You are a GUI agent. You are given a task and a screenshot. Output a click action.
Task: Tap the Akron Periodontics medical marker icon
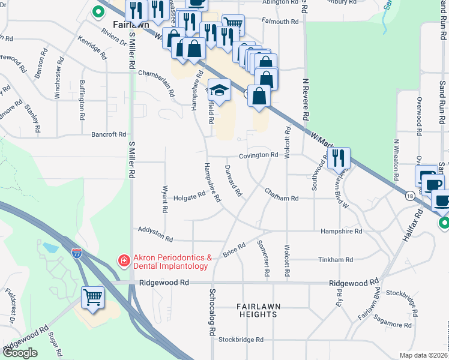tap(124, 261)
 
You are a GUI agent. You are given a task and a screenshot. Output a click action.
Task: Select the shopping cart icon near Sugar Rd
tap(92, 297)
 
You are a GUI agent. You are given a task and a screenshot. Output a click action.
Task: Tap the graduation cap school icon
tap(219, 90)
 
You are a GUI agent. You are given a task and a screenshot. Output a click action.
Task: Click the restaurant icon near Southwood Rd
tap(339, 158)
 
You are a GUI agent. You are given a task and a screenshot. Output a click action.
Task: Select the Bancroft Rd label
tap(109, 134)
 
